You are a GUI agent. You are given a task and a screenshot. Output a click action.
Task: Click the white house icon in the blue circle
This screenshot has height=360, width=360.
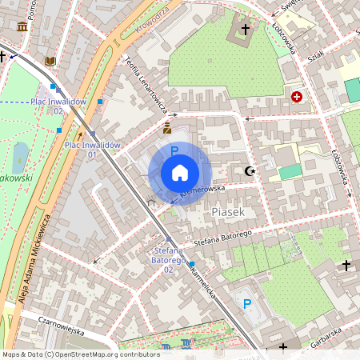[180, 173]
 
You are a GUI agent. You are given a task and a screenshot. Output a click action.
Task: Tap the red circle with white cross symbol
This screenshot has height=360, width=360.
[297, 96]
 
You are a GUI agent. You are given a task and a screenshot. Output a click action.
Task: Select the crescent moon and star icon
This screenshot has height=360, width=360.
[251, 170]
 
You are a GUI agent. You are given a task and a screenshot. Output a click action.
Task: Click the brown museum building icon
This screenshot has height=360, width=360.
[22, 26]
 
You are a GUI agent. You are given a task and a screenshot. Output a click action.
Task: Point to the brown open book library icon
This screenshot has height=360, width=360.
[50, 61]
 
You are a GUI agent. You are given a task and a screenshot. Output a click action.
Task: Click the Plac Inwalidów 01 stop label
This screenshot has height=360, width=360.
[92, 150]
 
